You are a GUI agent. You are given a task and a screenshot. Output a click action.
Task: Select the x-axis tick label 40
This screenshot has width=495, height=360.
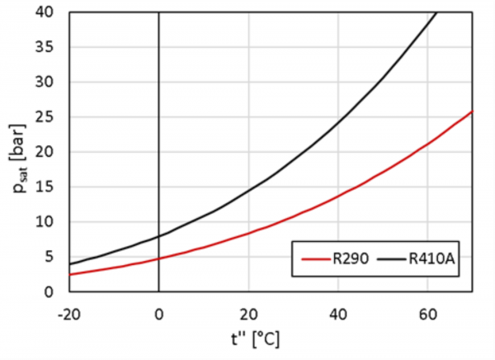[337, 313]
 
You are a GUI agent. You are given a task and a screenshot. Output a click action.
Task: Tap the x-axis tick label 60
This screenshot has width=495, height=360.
[427, 313]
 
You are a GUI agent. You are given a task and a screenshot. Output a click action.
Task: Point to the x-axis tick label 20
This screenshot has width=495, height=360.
[247, 313]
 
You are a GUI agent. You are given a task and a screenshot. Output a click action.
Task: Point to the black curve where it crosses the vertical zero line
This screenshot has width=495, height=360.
[158, 235]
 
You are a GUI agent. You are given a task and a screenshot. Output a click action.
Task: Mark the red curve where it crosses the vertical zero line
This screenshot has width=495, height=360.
[158, 258]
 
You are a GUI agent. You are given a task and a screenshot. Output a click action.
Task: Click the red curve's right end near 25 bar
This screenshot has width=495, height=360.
[471, 111]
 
